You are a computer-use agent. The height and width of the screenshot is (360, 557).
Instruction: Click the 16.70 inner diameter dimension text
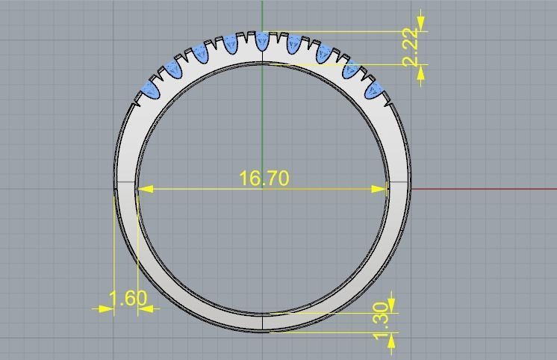[264, 179]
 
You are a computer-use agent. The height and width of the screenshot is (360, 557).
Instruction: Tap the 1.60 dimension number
[128, 300]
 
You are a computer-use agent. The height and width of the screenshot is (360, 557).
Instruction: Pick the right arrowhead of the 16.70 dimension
[382, 189]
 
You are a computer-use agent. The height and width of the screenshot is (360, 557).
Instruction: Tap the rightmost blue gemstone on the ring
[374, 90]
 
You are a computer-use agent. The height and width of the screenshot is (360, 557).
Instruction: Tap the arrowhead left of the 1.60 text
[105, 308]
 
